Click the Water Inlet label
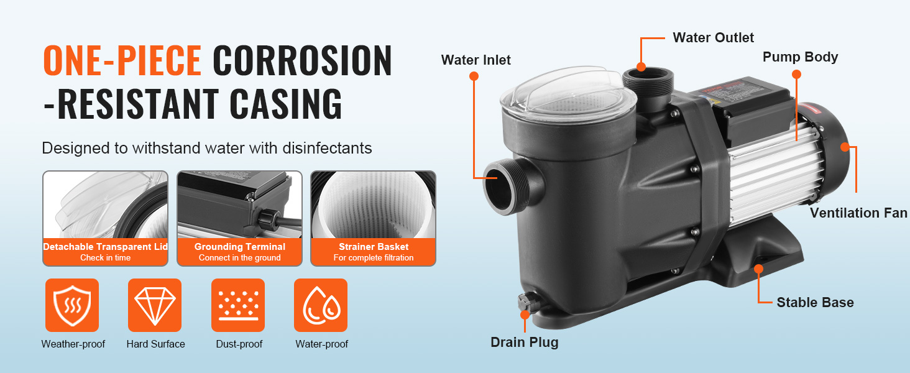click(476, 60)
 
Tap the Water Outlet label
click(713, 38)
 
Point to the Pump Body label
click(800, 57)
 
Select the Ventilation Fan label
click(858, 213)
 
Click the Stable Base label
click(815, 302)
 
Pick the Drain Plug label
click(525, 343)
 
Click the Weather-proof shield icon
click(72, 305)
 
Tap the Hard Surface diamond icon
click(155, 305)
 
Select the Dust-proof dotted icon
click(238, 305)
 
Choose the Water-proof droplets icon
click(321, 305)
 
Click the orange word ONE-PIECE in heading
click(122, 60)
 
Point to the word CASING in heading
click(285, 104)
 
